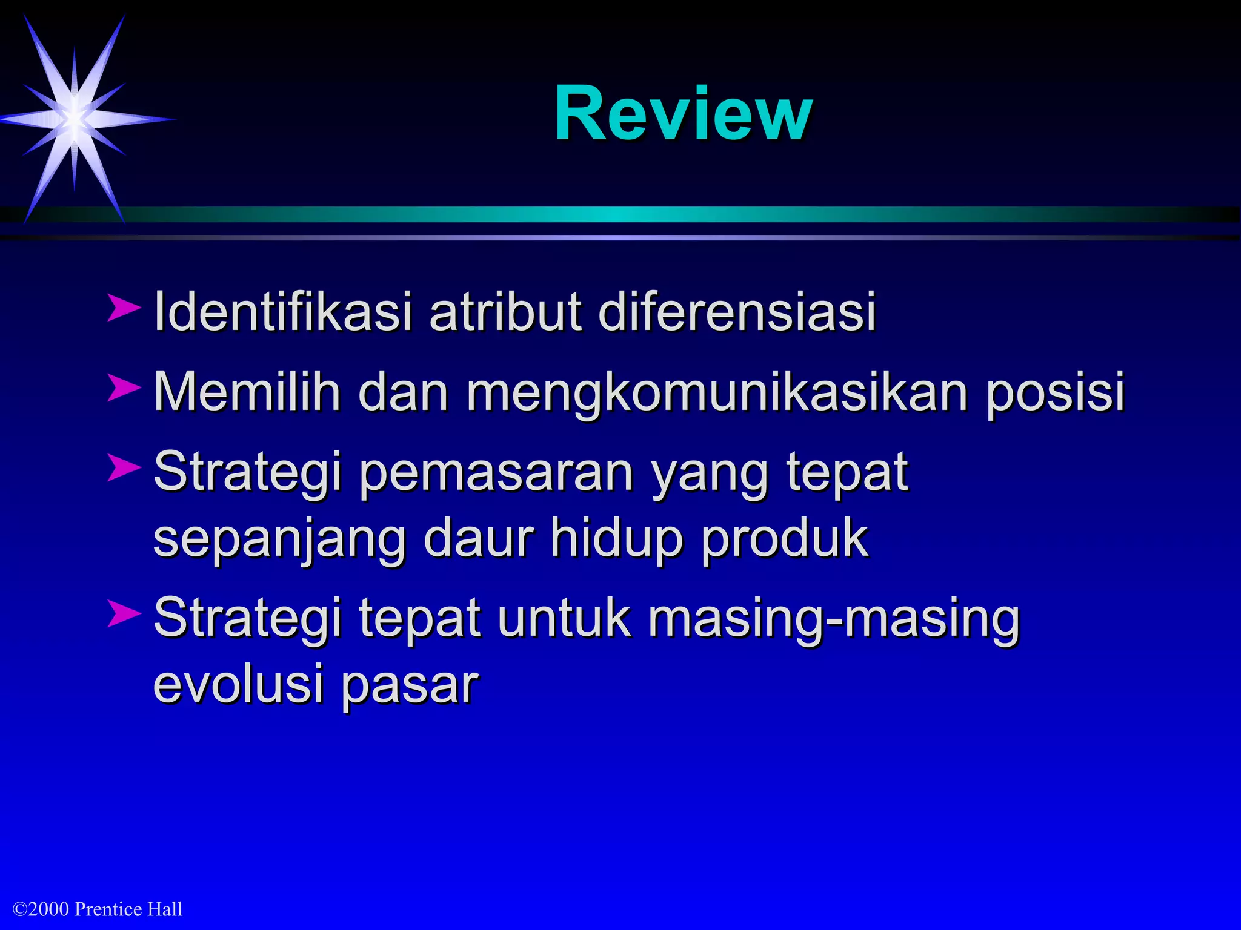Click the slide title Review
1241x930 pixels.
coord(683,114)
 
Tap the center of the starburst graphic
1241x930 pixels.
coord(75,119)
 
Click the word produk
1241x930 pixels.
coord(785,539)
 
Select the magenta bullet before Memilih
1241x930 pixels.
coord(124,387)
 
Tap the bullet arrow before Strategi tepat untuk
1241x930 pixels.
coord(124,613)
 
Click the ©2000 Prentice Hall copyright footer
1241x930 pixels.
coord(98,909)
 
